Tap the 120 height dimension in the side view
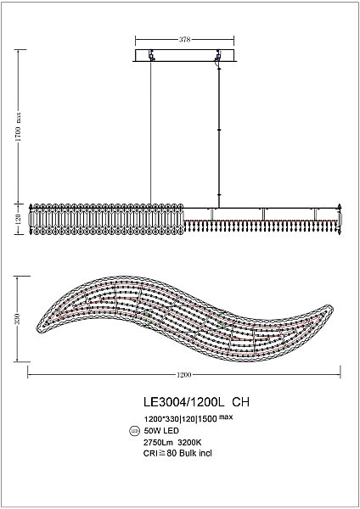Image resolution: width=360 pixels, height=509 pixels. pyautogui.click(x=19, y=218)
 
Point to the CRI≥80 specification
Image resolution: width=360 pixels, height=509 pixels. pyautogui.click(x=160, y=452)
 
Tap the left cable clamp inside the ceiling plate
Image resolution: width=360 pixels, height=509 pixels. pyautogui.click(x=152, y=56)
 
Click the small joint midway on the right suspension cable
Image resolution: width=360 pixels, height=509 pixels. pyautogui.click(x=220, y=130)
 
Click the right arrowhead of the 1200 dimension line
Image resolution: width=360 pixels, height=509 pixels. pyautogui.click(x=340, y=374)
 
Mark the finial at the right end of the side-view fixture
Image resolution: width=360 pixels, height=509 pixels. pyautogui.click(x=340, y=209)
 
